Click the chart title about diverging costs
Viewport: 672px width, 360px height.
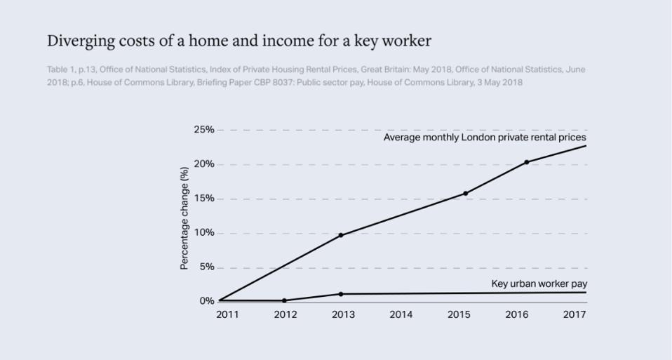[x=238, y=41]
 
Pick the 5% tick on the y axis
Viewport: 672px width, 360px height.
[x=206, y=267]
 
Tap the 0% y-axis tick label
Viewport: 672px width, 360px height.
[x=206, y=301]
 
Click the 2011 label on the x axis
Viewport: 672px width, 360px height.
[x=227, y=314]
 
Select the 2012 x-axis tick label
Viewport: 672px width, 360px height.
[x=285, y=314]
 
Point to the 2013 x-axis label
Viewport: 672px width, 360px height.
[x=342, y=314]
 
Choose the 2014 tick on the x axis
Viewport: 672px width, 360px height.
[x=401, y=314]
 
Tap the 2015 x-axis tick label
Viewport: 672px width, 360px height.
[x=459, y=314]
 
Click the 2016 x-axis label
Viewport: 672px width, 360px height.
[x=517, y=314]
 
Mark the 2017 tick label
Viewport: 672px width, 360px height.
[x=574, y=314]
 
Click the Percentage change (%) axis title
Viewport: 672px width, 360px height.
[x=184, y=218]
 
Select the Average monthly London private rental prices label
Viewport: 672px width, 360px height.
[x=485, y=138]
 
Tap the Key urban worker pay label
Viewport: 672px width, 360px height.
[x=539, y=284]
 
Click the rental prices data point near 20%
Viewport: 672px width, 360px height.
[x=526, y=162]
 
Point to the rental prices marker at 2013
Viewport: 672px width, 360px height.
[x=341, y=235]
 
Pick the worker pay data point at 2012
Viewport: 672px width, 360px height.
[x=284, y=300]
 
